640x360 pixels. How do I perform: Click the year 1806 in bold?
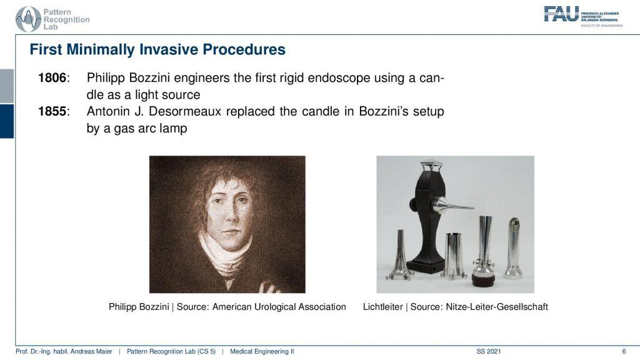[x=52, y=77]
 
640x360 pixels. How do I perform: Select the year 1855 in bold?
[x=52, y=111]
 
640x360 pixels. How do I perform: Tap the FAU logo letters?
[x=561, y=14]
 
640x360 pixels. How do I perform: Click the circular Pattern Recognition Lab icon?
[x=28, y=19]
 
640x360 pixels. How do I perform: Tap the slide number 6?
[x=624, y=351]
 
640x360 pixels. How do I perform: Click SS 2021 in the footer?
[x=489, y=351]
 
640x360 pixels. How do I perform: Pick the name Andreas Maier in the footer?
[x=92, y=351]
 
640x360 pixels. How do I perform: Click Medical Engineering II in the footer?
[x=262, y=351]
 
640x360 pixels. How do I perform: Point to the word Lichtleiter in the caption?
[x=383, y=307]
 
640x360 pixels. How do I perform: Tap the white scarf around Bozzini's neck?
[x=226, y=253]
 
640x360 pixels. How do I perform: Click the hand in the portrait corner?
[x=269, y=287]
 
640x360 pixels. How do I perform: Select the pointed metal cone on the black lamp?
[x=452, y=204]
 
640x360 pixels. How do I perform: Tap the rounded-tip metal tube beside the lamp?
[x=512, y=248]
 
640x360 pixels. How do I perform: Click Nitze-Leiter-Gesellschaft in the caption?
[x=497, y=307]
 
